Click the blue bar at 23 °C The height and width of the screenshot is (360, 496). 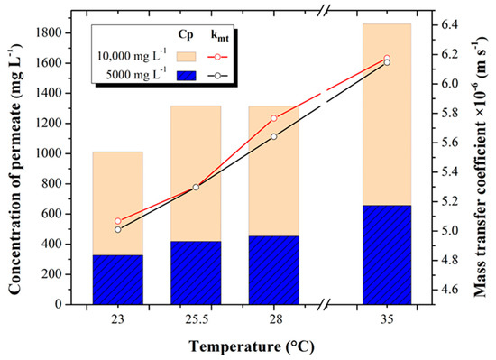pos(117,280)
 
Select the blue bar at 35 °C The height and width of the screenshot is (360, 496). pos(385,254)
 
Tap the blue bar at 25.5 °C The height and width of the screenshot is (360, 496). pos(196,272)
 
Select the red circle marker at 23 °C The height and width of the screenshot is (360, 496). pos(118,221)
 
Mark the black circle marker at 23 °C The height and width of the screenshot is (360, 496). pos(118,229)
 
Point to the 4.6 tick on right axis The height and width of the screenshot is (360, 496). pos(448,290)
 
